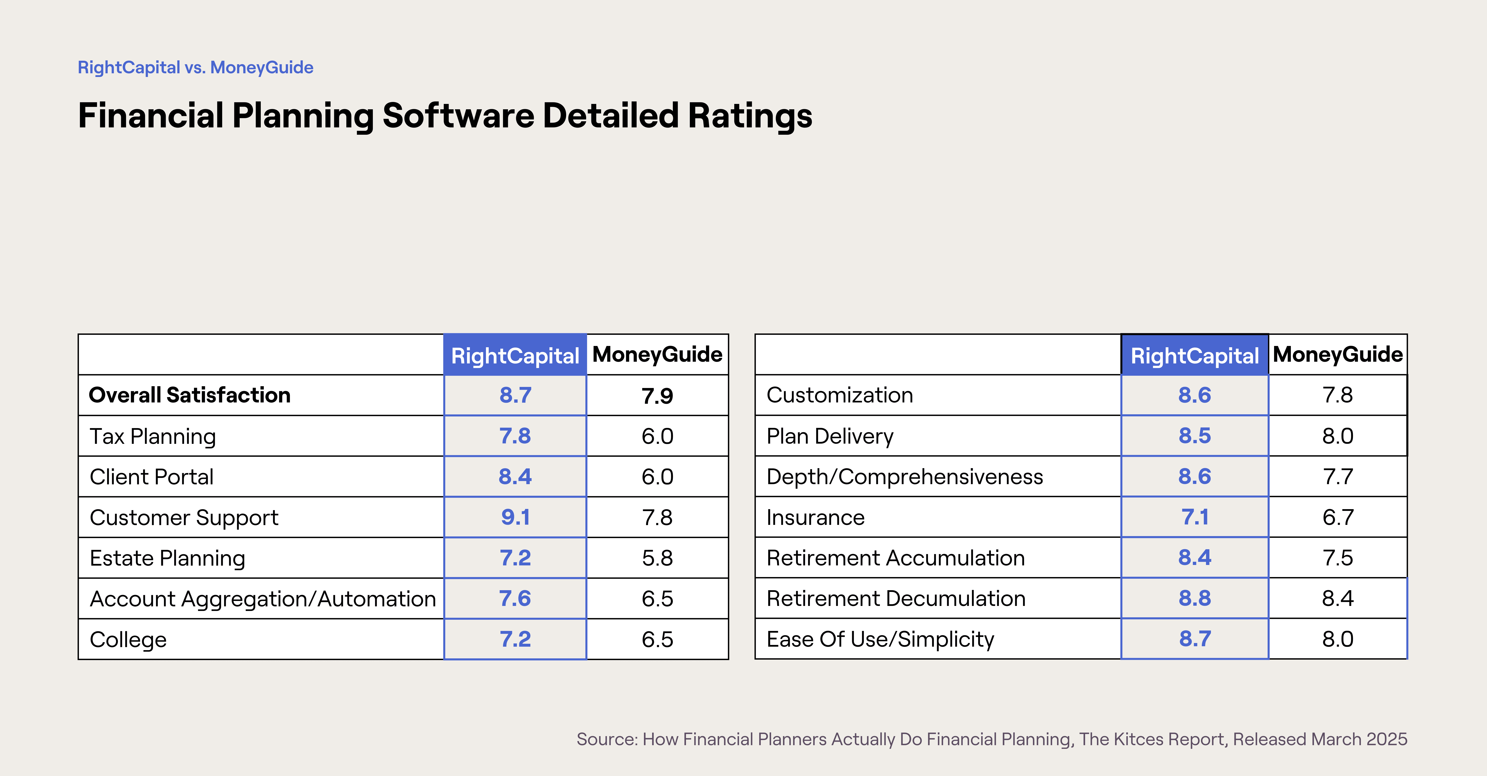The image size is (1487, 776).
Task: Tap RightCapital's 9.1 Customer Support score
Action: [x=515, y=517]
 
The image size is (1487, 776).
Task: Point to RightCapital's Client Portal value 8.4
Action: [x=515, y=477]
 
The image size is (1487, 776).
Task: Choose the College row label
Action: [x=128, y=640]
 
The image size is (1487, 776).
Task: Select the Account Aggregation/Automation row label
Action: [x=263, y=599]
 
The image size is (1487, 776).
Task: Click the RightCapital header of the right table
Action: [x=1194, y=356]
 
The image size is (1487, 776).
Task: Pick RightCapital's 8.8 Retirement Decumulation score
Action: [x=1194, y=599]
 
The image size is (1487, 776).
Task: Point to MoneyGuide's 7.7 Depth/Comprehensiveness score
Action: [x=1337, y=477]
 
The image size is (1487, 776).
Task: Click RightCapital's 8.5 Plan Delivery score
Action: [x=1194, y=436]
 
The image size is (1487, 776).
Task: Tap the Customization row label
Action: [x=839, y=396]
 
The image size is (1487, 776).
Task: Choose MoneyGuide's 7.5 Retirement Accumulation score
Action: [x=1337, y=558]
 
